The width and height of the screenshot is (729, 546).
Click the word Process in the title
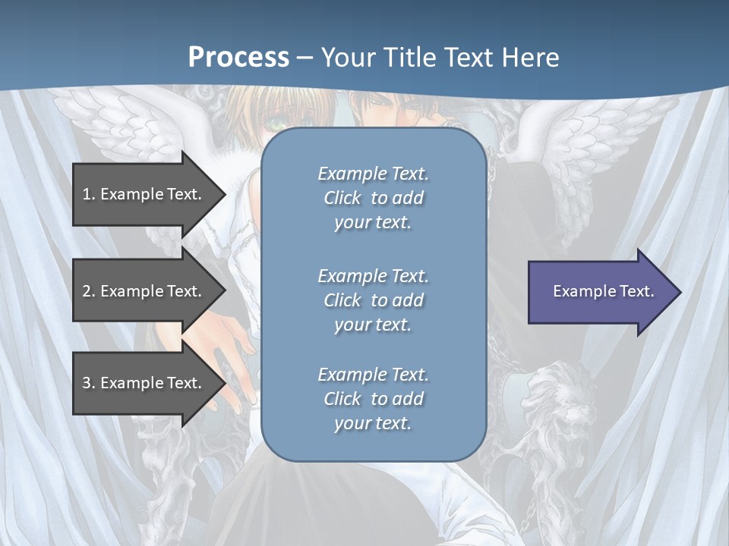(238, 58)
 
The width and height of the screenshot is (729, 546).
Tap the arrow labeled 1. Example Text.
(144, 194)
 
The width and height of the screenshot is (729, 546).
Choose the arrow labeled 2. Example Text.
(144, 291)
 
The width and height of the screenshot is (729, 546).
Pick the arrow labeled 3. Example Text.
(144, 383)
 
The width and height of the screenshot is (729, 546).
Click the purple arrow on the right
(600, 291)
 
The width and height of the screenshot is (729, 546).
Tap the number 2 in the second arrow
(87, 291)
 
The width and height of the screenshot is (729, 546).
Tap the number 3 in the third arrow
(87, 383)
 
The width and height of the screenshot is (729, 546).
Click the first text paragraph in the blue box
(373, 198)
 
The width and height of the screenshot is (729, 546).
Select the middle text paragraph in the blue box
(373, 300)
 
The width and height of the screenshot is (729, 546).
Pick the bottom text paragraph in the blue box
(373, 399)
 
